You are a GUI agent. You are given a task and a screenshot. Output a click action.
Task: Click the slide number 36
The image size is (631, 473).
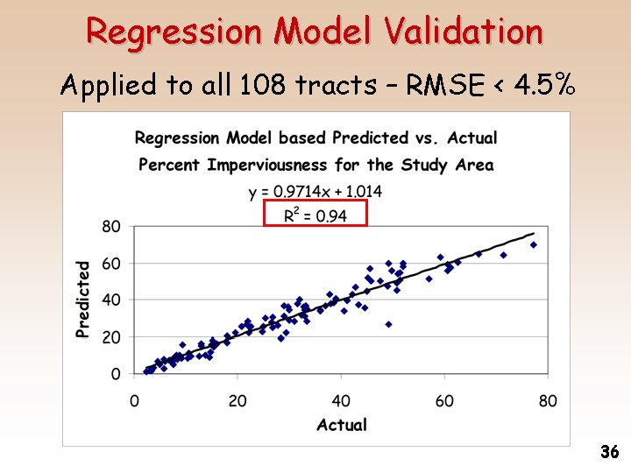(x=610, y=452)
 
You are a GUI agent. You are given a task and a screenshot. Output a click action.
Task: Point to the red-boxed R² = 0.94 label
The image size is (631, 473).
(x=315, y=215)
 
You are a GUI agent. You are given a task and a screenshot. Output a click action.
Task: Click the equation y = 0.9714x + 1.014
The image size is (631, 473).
(x=315, y=191)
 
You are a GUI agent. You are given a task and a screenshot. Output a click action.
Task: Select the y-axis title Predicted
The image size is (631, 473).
(x=83, y=299)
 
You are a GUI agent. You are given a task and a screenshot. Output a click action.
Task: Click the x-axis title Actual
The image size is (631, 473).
(x=341, y=425)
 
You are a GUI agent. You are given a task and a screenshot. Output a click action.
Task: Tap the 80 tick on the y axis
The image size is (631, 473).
(x=111, y=226)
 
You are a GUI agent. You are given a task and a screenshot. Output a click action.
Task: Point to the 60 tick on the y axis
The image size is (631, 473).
(x=111, y=263)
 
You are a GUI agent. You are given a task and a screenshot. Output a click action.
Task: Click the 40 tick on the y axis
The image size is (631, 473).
(x=111, y=300)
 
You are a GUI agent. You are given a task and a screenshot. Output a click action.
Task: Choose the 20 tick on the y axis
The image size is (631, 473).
(x=111, y=337)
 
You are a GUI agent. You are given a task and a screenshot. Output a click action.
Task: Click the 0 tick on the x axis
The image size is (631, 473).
(x=134, y=401)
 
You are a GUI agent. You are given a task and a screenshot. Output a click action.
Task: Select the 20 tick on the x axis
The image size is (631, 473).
(x=238, y=401)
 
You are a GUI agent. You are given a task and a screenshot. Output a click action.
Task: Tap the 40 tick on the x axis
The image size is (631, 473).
(x=341, y=401)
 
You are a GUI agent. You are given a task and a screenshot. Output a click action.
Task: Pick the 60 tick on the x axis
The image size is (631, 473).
(x=444, y=401)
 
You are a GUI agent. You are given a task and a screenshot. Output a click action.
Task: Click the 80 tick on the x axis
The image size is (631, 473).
(x=548, y=401)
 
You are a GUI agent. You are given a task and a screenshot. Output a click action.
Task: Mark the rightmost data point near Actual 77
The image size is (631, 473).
(x=533, y=245)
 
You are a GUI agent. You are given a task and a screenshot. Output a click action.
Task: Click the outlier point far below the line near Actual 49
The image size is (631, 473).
(x=388, y=324)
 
